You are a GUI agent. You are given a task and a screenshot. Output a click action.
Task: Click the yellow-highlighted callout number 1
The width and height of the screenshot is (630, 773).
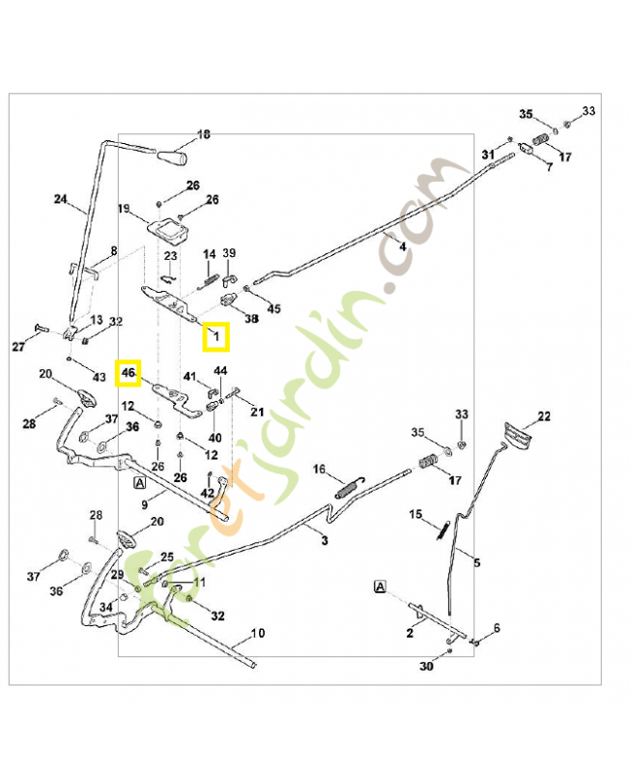[216, 336]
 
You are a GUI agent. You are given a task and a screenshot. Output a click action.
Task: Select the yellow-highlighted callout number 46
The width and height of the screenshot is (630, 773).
[129, 372]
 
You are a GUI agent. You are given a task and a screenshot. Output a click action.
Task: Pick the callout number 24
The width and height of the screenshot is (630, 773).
[60, 201]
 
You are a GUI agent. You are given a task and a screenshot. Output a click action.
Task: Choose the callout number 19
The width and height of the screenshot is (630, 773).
[124, 208]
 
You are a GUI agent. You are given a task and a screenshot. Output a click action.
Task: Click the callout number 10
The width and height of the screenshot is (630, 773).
[257, 634]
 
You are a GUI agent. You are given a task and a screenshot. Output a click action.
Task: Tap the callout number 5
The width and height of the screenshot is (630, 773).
[476, 561]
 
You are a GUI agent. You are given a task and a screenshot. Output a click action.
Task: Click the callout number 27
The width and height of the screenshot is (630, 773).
[17, 345]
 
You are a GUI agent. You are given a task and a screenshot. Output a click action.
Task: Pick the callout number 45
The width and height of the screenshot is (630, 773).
[274, 309]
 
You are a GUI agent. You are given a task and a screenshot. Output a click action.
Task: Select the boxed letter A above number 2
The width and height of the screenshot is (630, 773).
[380, 587]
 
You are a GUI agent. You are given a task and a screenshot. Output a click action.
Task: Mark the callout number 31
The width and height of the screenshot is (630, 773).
[487, 155]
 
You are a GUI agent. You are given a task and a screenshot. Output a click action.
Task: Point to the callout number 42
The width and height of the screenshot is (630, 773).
[208, 493]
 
